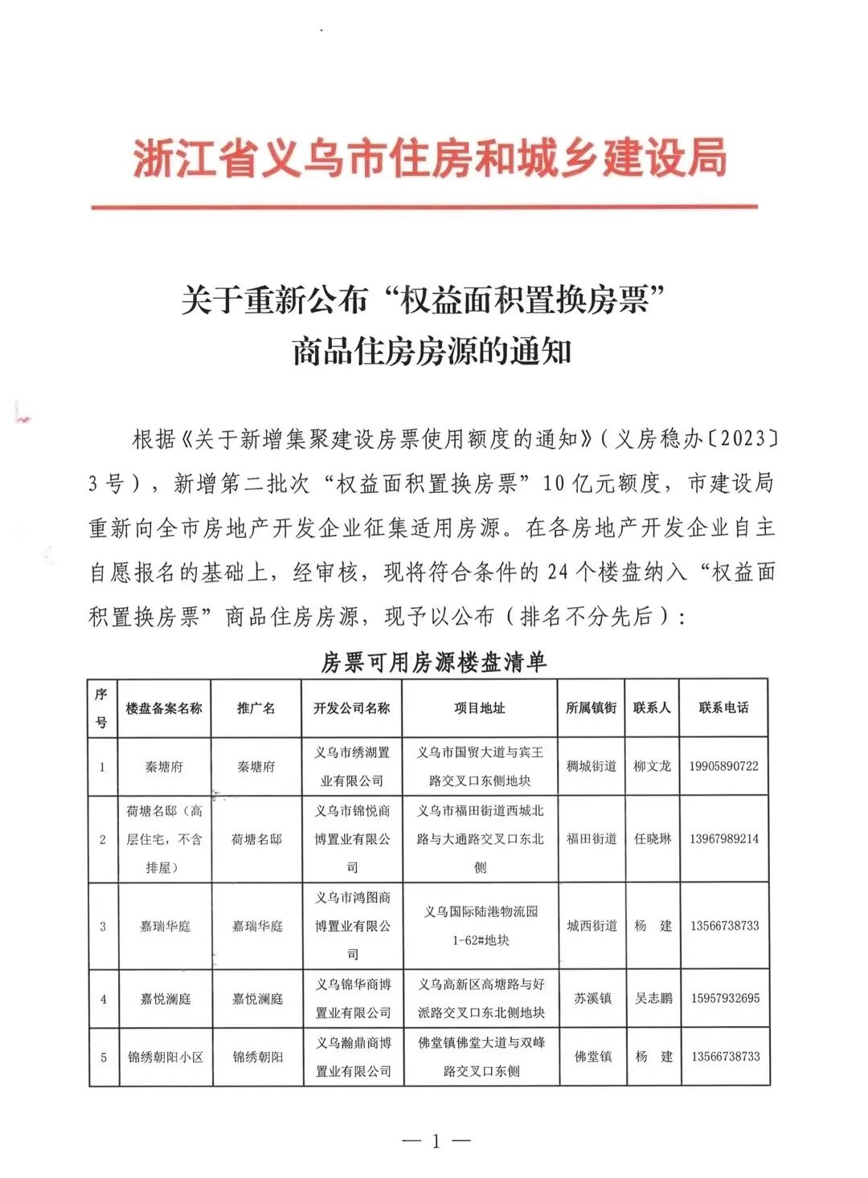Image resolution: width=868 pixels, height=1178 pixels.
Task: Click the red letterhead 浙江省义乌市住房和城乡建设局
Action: click(429, 157)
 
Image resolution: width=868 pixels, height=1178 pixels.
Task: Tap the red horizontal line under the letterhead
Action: click(424, 207)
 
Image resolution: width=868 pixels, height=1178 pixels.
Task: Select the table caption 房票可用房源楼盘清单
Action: click(434, 662)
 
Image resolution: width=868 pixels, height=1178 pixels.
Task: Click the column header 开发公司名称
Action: click(352, 708)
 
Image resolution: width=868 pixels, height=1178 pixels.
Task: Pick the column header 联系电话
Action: click(723, 707)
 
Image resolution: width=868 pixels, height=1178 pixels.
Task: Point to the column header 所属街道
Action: click(592, 707)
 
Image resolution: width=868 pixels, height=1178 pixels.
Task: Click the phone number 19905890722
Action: click(723, 766)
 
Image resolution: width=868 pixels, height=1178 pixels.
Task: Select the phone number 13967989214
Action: click(723, 839)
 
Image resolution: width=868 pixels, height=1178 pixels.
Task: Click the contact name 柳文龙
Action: click(652, 766)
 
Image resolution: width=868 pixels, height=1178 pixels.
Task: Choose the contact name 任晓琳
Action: click(652, 839)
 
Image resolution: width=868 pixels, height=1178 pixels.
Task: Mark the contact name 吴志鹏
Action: click(653, 998)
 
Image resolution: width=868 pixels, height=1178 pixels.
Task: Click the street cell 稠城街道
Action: click(592, 766)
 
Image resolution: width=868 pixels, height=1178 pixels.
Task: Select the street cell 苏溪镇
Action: click(593, 998)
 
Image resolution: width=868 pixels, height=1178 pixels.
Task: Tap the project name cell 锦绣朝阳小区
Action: click(166, 1058)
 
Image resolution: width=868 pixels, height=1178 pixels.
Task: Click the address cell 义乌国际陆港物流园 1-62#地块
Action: click(481, 926)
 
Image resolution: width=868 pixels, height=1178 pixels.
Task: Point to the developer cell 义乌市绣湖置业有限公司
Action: click(352, 766)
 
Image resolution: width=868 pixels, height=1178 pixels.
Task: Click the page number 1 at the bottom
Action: click(436, 1141)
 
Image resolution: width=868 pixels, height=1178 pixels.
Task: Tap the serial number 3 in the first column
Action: click(103, 927)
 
